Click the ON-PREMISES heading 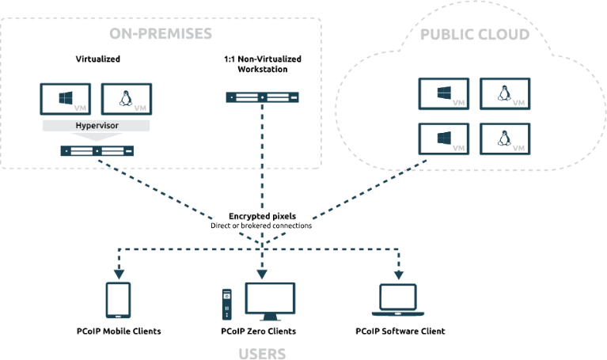pos(161,35)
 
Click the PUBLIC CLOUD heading pos(474,36)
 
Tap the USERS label pos(263,352)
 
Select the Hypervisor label pos(95,125)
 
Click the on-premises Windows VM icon pos(66,99)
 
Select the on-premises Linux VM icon pos(127,99)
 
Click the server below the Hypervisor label pos(96,150)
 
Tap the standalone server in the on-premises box pos(263,97)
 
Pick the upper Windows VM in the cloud pos(443,93)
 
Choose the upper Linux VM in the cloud pos(504,93)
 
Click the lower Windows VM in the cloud pos(443,139)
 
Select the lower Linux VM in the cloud pos(504,139)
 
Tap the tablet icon pos(119,300)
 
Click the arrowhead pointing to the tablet pos(119,275)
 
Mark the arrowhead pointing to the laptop pos(399,275)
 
